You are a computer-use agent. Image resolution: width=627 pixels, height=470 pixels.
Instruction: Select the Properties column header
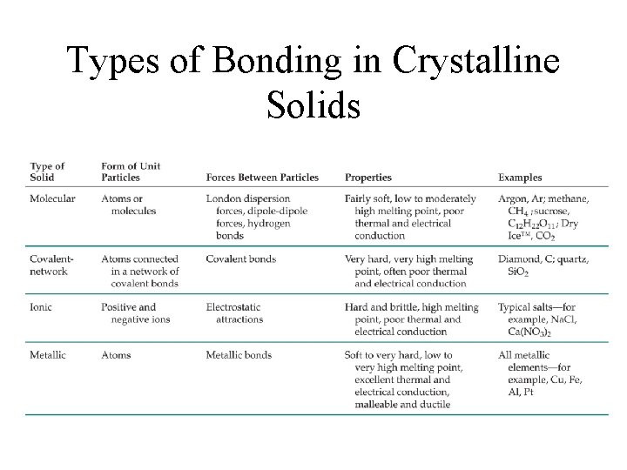coord(368,178)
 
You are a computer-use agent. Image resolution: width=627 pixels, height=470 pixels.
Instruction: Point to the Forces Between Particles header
coord(262,178)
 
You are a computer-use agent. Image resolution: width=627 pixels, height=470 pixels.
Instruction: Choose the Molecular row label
coord(52,198)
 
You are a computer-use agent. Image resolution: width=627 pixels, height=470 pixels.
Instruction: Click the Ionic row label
coord(42,307)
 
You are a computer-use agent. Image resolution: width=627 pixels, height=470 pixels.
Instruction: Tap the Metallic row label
coord(49,355)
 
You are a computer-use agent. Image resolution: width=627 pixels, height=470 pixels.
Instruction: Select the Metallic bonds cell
coord(239,355)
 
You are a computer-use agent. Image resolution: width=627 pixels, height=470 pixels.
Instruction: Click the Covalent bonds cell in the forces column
coord(241,258)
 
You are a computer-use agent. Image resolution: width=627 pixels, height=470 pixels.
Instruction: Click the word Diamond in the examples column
coord(520,258)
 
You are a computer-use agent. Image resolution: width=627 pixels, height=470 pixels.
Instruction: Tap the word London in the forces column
coord(225,198)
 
